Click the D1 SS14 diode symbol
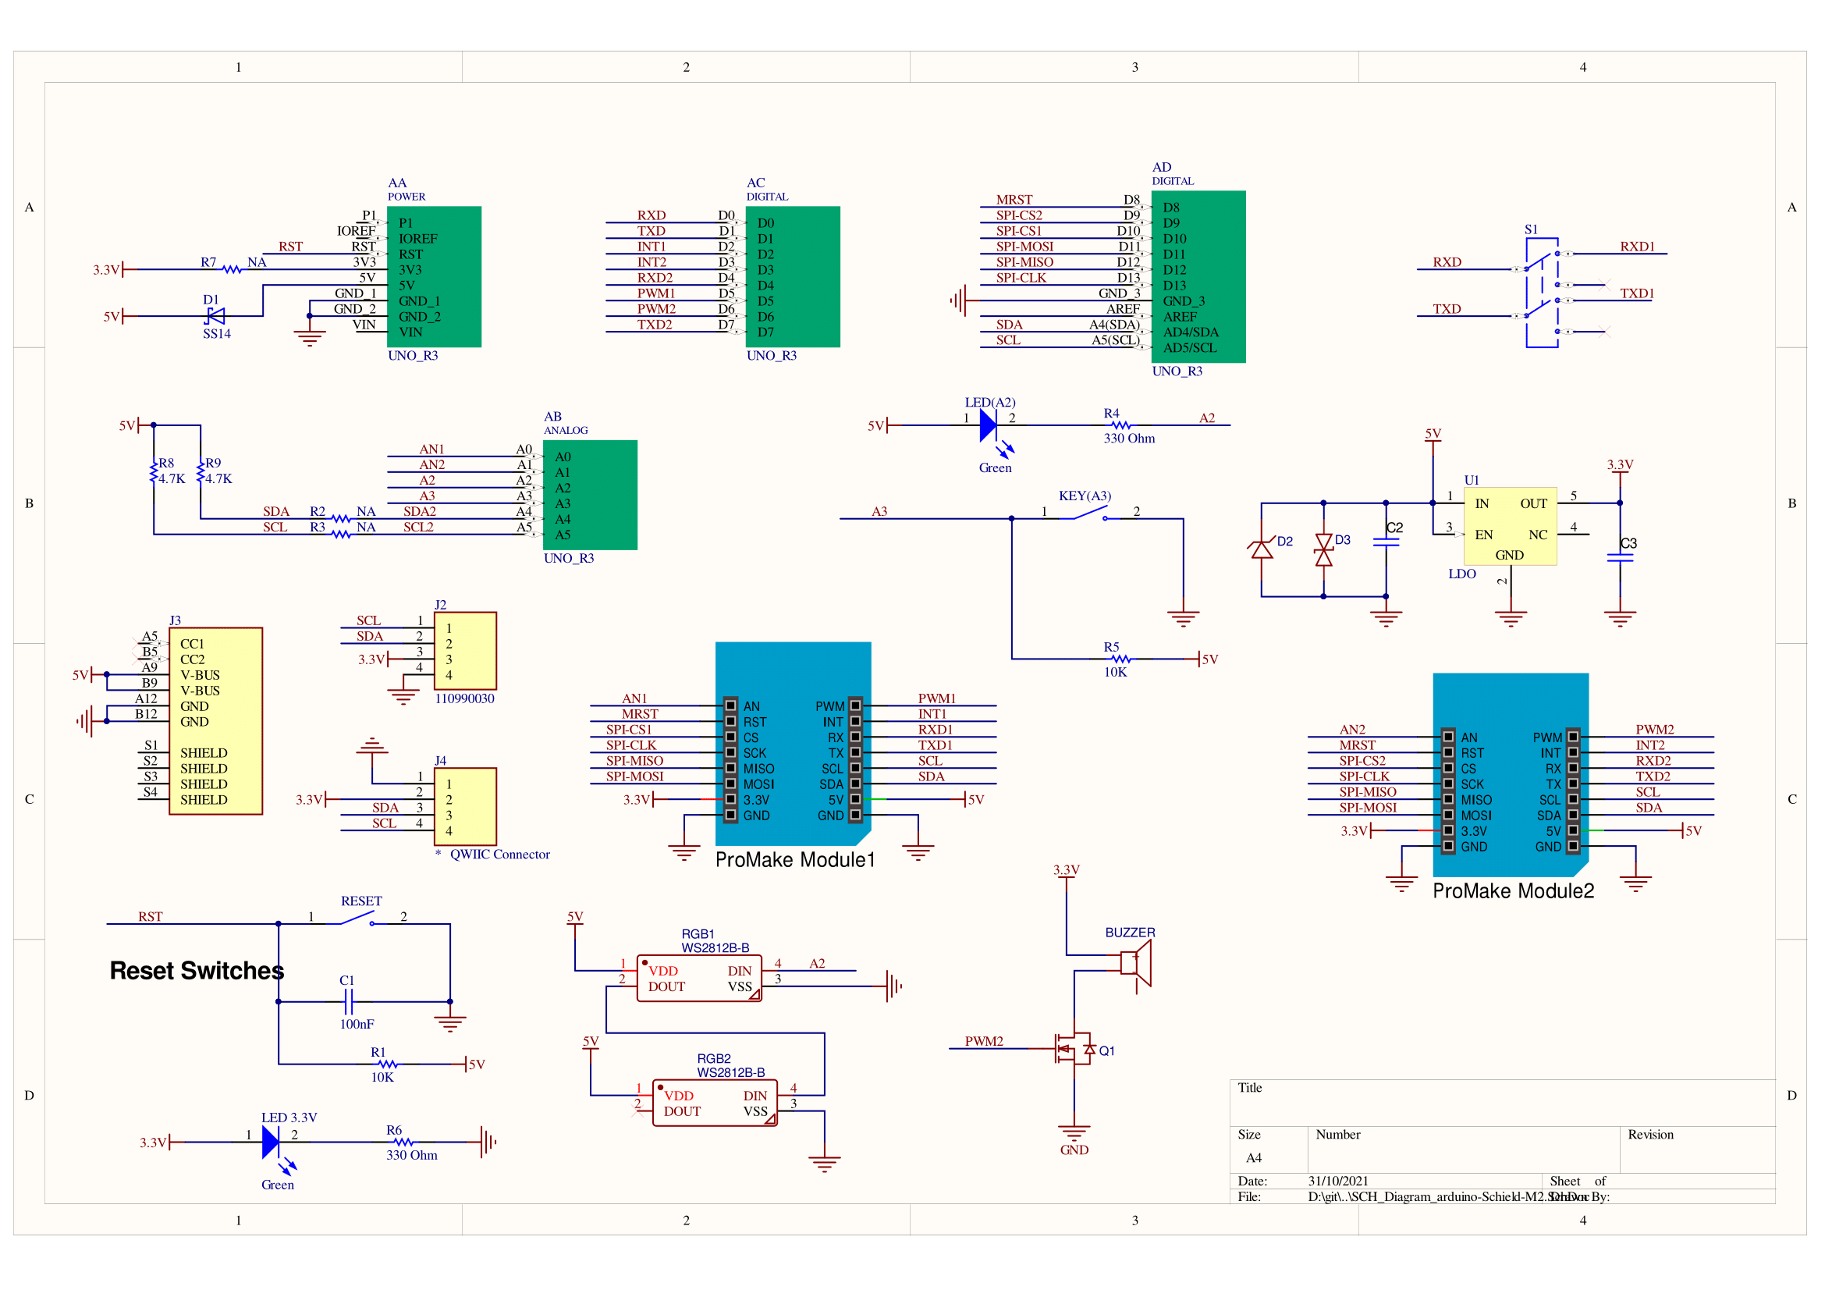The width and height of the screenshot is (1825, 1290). (215, 316)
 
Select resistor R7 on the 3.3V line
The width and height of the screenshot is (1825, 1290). (231, 269)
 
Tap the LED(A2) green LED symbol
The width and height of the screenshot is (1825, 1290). (988, 425)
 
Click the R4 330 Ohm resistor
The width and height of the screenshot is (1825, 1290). (1120, 425)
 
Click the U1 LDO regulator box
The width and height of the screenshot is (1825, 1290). (1510, 526)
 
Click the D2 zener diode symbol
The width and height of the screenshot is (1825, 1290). (1262, 549)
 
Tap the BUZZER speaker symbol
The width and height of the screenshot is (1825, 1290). (1136, 962)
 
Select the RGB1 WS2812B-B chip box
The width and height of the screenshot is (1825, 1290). (698, 979)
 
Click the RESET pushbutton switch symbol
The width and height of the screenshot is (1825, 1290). (357, 920)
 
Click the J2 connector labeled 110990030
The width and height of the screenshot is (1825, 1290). (465, 651)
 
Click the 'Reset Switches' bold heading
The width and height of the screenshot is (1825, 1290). (197, 971)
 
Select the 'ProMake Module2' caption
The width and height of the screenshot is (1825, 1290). (1513, 891)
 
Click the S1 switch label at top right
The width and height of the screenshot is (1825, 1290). (1530, 229)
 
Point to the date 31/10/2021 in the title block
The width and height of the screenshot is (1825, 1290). (1338, 1181)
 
